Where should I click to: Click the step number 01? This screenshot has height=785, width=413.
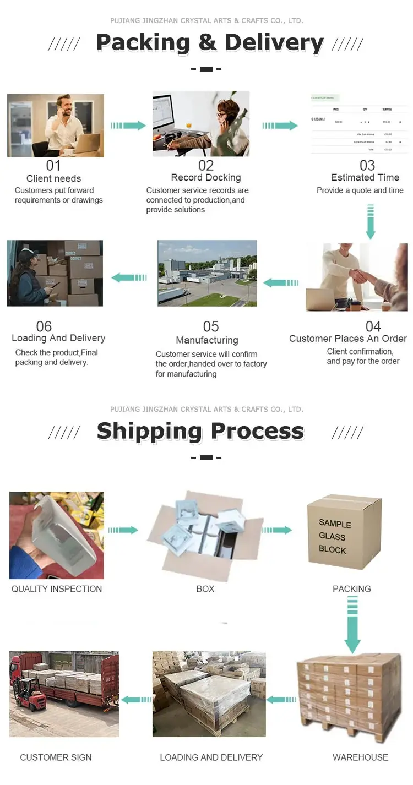pyautogui.click(x=53, y=165)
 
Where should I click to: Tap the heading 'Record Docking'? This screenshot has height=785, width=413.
pyautogui.click(x=206, y=177)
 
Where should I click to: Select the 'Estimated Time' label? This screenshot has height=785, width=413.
pyautogui.click(x=365, y=177)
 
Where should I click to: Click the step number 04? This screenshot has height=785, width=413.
pyautogui.click(x=373, y=326)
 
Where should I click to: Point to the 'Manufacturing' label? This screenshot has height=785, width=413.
pyautogui.click(x=207, y=340)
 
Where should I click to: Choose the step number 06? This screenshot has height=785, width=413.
pyautogui.click(x=44, y=326)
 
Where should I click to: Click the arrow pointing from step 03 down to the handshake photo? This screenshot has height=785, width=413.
pyautogui.click(x=371, y=221)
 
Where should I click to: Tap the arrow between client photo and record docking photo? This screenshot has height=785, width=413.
pyautogui.click(x=128, y=126)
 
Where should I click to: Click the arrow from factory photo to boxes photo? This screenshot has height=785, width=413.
pyautogui.click(x=129, y=277)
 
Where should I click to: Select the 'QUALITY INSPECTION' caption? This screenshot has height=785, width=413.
pyautogui.click(x=57, y=588)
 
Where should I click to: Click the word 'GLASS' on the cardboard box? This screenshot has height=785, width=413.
pyautogui.click(x=332, y=536)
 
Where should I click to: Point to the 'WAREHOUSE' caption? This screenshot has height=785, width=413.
pyautogui.click(x=360, y=757)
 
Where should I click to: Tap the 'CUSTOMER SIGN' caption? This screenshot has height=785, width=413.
pyautogui.click(x=56, y=757)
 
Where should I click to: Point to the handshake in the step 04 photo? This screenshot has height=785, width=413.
pyautogui.click(x=360, y=275)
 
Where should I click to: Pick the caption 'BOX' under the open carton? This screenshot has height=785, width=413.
pyautogui.click(x=205, y=588)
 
